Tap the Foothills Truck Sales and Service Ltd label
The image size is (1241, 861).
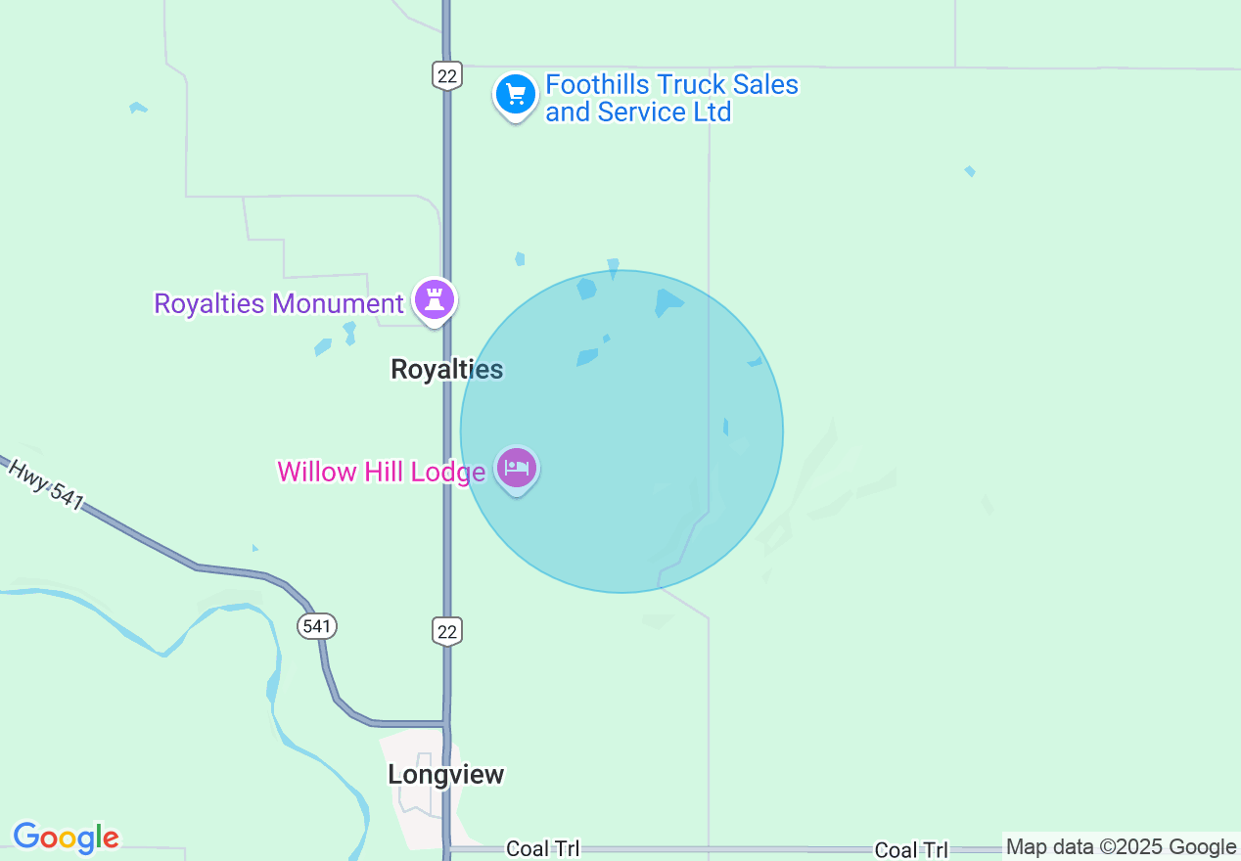[x=671, y=99]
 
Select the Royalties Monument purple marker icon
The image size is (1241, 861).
[x=435, y=299]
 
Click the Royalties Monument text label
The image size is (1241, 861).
[x=279, y=303]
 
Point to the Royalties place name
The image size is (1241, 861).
[x=446, y=369]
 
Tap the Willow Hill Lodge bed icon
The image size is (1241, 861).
[x=517, y=469]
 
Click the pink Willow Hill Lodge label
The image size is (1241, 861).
[x=381, y=472]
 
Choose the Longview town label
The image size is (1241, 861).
[x=446, y=774]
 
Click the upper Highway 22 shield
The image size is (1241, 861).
[x=446, y=74]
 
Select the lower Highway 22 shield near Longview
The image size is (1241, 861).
[x=447, y=631]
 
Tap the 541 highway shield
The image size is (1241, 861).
[x=317, y=625]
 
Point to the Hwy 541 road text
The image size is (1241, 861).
[x=46, y=484]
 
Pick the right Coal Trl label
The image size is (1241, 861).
[x=911, y=850]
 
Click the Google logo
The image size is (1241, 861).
[x=66, y=838]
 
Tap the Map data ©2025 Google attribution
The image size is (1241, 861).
[x=1122, y=847]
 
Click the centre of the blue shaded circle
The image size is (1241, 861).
[x=621, y=431]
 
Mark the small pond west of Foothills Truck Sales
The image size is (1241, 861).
[x=138, y=108]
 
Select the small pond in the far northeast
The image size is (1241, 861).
[x=969, y=171]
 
